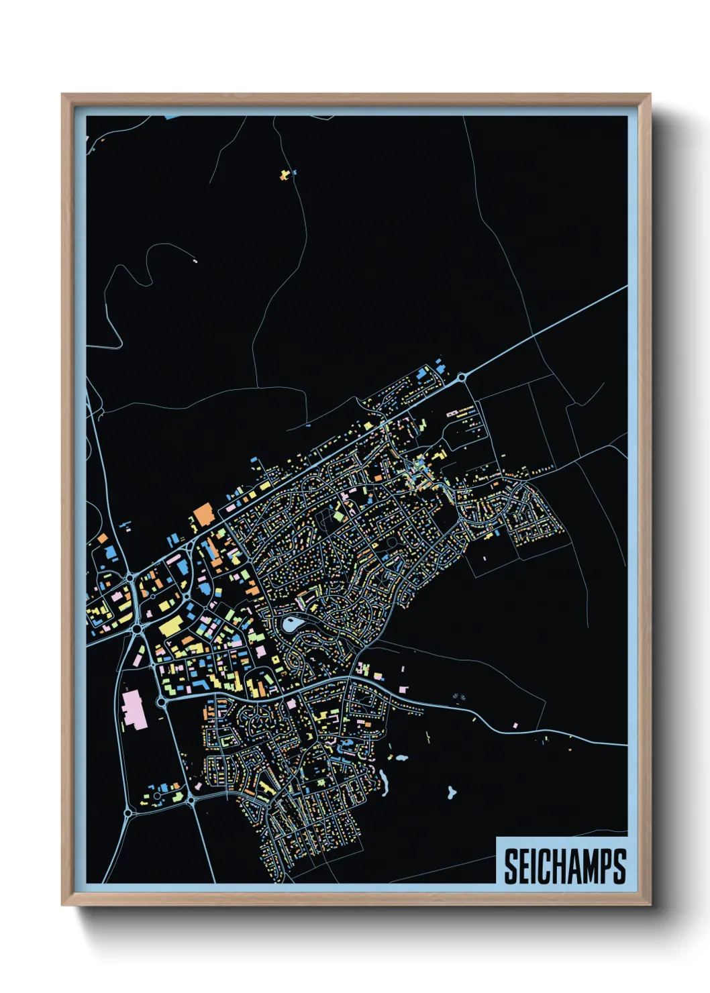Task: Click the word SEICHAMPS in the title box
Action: coord(564,866)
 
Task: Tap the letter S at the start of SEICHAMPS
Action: coord(511,866)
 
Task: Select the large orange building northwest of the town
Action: coord(203,515)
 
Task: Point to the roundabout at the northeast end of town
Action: coord(462,379)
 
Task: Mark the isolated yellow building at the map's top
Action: coord(286,175)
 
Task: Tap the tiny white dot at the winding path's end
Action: coord(195,261)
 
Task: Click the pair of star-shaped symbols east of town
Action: coord(458,696)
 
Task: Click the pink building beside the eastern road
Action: coord(515,725)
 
